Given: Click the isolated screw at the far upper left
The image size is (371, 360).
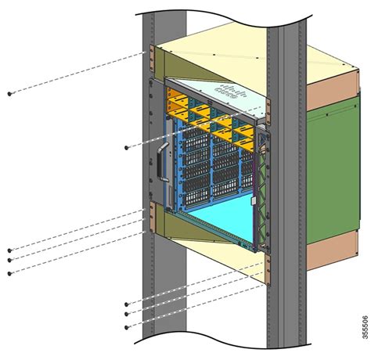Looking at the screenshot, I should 9,92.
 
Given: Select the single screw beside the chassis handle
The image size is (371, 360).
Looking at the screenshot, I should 127,146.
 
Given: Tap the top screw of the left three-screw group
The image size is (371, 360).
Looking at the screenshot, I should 9,250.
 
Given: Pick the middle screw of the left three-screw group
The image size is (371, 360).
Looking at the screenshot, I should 9,260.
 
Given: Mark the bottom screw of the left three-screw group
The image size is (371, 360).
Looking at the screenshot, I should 9,273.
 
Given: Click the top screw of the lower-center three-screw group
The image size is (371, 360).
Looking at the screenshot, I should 127,304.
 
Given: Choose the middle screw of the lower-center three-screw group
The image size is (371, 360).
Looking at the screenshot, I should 127,313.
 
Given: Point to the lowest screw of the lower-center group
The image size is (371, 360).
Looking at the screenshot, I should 127,324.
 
